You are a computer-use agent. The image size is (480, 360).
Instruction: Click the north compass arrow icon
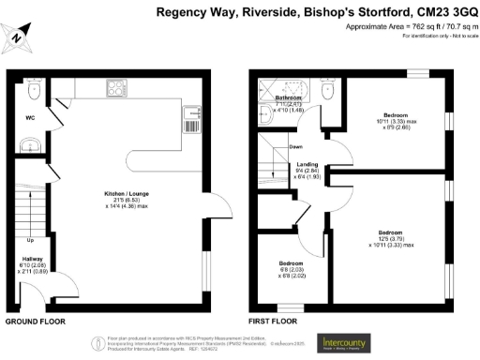coord(20,38)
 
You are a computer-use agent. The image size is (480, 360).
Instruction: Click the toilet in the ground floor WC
coord(34,89)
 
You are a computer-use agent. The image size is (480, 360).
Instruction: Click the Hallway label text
coord(31,259)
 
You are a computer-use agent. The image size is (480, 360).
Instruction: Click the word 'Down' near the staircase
coord(295,147)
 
